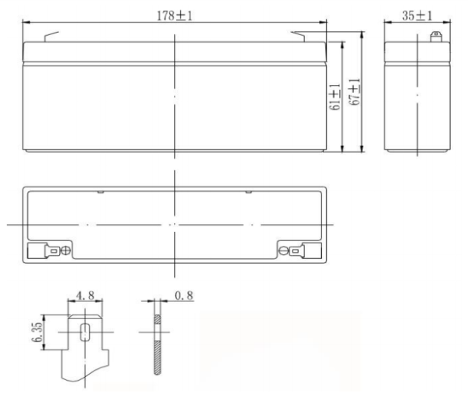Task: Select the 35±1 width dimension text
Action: pyautogui.click(x=418, y=15)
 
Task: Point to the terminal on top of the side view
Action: pyautogui.click(x=435, y=36)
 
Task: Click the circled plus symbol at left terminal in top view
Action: pyautogui.click(x=66, y=251)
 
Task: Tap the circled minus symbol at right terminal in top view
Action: pyautogui.click(x=284, y=251)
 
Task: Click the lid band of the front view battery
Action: pyautogui.click(x=175, y=52)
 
